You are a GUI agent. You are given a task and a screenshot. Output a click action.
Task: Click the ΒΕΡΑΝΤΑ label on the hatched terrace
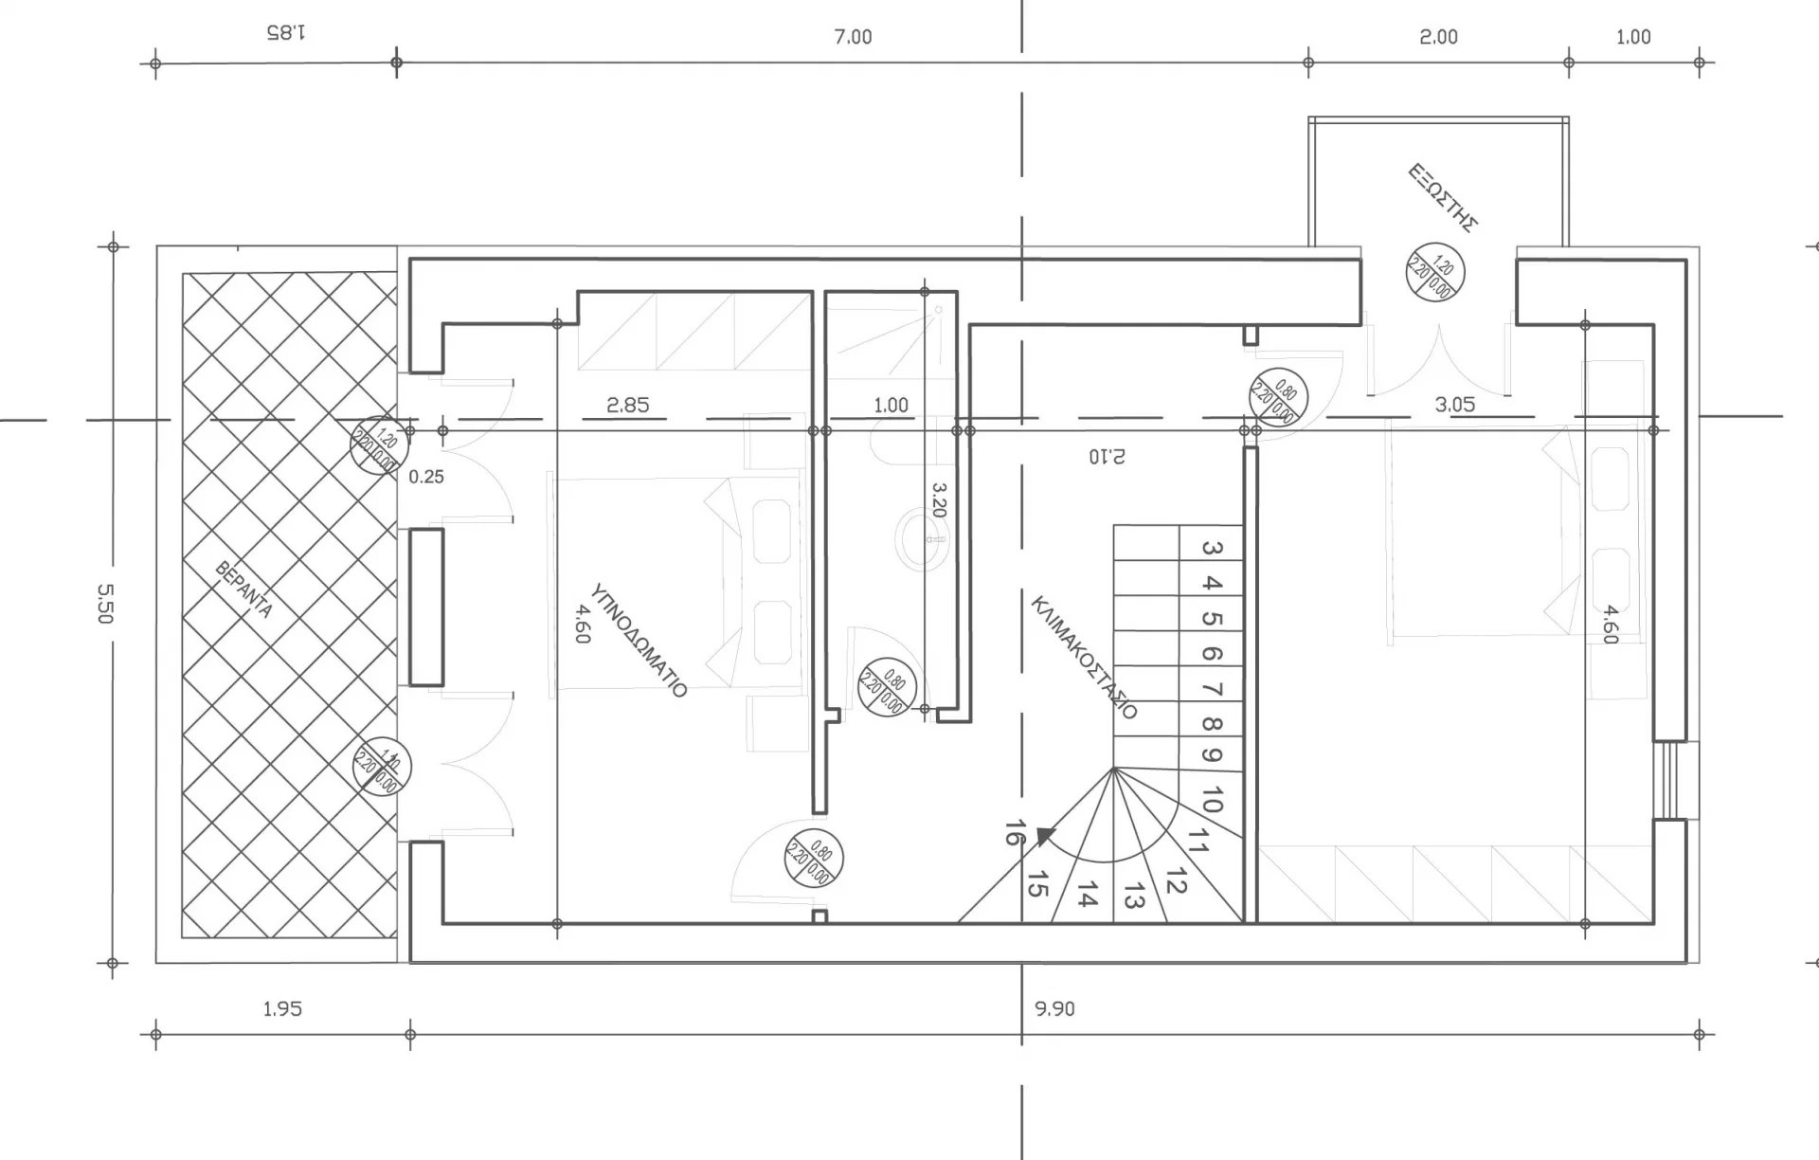pyautogui.click(x=244, y=589)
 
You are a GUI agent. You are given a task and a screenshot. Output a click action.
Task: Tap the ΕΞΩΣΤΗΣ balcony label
pyautogui.click(x=1442, y=197)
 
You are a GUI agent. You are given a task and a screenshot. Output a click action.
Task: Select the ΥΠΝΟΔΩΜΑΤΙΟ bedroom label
pyautogui.click(x=638, y=641)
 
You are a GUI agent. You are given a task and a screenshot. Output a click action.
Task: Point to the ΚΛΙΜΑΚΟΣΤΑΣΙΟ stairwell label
pyautogui.click(x=1084, y=657)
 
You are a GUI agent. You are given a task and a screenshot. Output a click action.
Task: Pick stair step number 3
pyautogui.click(x=1211, y=548)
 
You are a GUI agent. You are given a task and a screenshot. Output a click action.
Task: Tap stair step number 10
pyautogui.click(x=1211, y=799)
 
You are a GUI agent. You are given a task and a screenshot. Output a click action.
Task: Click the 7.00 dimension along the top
pyautogui.click(x=853, y=37)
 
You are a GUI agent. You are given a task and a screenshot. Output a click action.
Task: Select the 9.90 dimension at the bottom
pyautogui.click(x=1054, y=1008)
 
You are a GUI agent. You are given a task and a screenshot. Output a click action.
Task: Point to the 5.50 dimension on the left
pyautogui.click(x=104, y=603)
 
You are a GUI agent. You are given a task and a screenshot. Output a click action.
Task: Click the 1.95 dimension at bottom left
pyautogui.click(x=282, y=1008)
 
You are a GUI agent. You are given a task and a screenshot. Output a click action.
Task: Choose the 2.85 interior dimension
pyautogui.click(x=627, y=405)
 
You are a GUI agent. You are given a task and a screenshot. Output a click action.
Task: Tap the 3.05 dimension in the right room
pyautogui.click(x=1454, y=405)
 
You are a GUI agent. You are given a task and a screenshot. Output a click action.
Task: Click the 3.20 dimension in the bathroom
pyautogui.click(x=939, y=499)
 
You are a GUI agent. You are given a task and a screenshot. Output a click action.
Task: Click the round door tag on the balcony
pyautogui.click(x=1434, y=272)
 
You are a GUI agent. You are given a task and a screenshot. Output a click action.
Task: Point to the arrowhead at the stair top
pyautogui.click(x=1045, y=836)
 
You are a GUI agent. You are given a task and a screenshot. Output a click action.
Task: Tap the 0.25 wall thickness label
pyautogui.click(x=425, y=477)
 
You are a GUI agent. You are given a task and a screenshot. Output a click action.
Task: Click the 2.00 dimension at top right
pyautogui.click(x=1438, y=37)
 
